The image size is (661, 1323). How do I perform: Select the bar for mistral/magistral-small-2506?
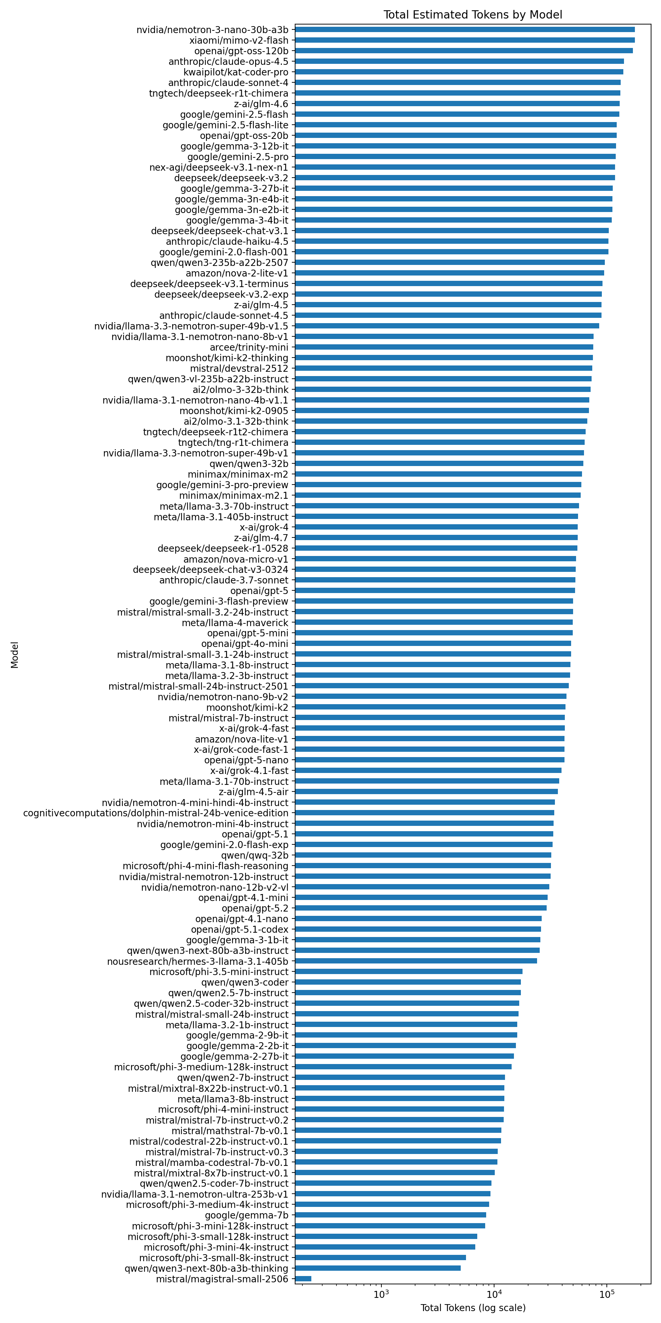tap(303, 1279)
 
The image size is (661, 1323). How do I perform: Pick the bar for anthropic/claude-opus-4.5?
tap(459, 62)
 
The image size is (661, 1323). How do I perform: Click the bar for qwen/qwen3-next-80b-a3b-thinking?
tap(378, 1268)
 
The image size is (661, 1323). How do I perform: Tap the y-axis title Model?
tap(15, 655)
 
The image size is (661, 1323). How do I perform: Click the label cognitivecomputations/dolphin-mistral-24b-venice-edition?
tap(155, 813)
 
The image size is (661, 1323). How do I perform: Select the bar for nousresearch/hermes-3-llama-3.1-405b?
tap(416, 961)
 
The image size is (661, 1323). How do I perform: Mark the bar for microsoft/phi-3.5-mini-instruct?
tap(408, 972)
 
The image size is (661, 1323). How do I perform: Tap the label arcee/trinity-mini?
tap(249, 347)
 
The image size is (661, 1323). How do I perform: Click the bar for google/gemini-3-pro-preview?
tap(438, 485)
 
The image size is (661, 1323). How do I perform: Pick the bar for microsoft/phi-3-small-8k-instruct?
tap(380, 1258)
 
